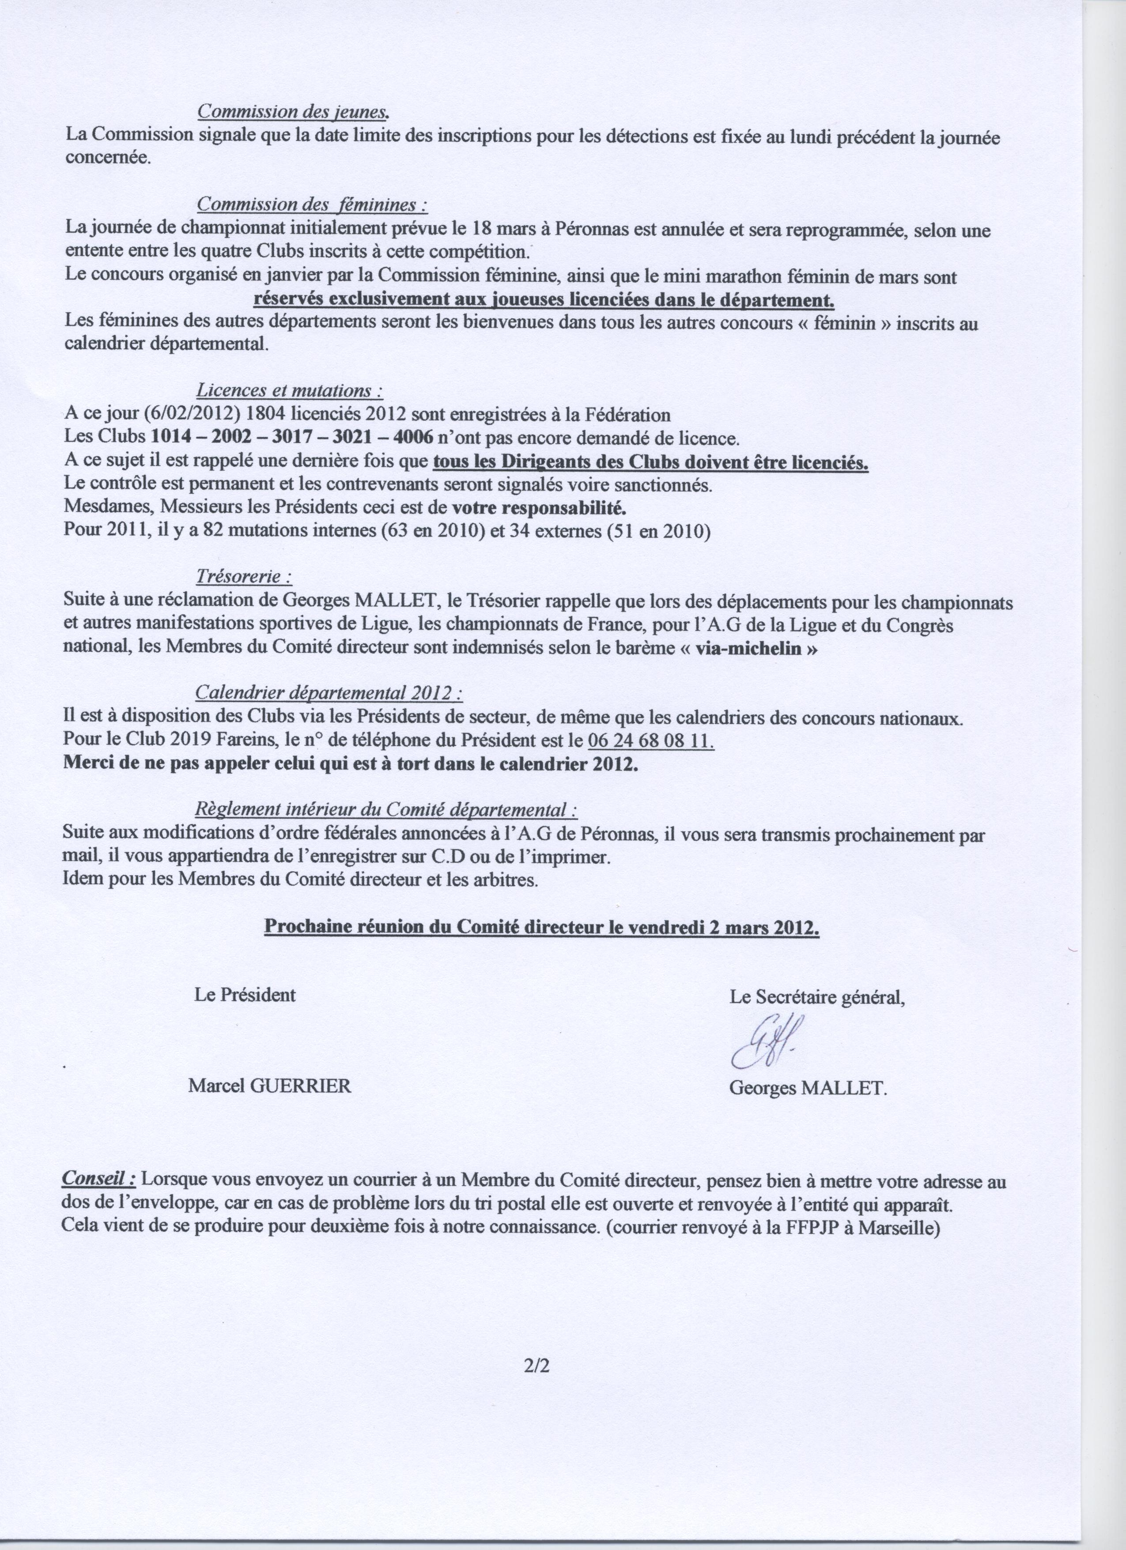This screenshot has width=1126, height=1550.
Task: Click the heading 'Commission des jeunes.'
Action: [294, 111]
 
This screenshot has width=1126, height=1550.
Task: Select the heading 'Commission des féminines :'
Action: [312, 204]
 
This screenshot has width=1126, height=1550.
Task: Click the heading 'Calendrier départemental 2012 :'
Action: [329, 694]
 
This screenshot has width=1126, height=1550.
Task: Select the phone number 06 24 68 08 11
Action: [650, 741]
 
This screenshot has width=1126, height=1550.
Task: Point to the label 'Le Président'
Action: [245, 995]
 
